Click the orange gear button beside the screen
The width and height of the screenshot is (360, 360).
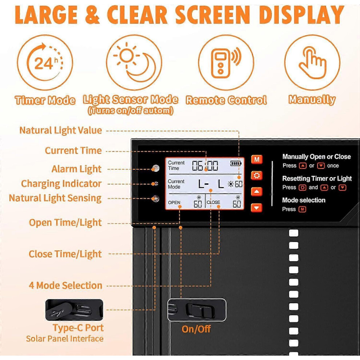pyautogui.click(x=257, y=175)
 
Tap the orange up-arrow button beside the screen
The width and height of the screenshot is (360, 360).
pyautogui.click(x=257, y=192)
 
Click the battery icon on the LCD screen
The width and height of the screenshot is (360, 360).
pyautogui.click(x=236, y=163)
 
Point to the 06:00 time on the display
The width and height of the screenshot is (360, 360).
pyautogui.click(x=205, y=165)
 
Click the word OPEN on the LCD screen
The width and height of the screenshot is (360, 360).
pyautogui.click(x=174, y=203)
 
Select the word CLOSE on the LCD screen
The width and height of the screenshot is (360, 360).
pyautogui.click(x=213, y=202)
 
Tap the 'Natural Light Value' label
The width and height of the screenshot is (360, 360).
pyautogui.click(x=61, y=130)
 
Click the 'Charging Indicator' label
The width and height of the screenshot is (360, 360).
pyautogui.click(x=61, y=184)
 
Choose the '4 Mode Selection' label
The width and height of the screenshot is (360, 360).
pyautogui.click(x=65, y=285)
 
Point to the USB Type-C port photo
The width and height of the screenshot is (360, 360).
pyautogui.click(x=74, y=310)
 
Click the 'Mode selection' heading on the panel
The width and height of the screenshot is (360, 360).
pyautogui.click(x=304, y=200)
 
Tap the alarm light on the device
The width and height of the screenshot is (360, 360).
pyautogui.click(x=155, y=168)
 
